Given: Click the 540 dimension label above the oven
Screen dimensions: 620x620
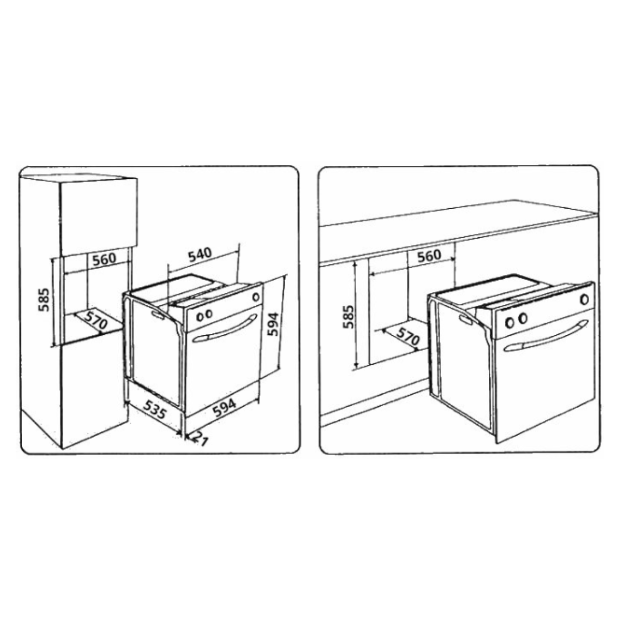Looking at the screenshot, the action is point(200,255).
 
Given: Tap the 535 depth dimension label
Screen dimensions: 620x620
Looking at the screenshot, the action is point(155,409).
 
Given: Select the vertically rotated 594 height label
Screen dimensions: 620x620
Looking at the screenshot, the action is point(273,324).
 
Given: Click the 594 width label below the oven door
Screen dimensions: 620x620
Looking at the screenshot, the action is point(224,407).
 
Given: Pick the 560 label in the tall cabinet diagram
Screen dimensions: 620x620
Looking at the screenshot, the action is point(104,259).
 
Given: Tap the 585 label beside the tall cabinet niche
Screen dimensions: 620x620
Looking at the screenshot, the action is point(44,299).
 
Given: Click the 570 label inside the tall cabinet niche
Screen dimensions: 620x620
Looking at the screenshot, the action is point(95,320).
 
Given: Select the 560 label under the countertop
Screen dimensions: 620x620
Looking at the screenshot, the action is point(429,256).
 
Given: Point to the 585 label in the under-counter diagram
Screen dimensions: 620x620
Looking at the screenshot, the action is point(348,317).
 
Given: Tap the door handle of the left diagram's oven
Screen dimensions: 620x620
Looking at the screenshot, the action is point(224,329).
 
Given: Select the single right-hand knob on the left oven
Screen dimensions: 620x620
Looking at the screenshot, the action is point(256,297).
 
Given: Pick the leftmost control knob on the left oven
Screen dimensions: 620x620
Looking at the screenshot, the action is point(200,317).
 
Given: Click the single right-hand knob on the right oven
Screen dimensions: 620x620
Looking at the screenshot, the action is point(584,300).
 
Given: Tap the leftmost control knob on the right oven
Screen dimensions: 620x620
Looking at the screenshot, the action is point(509,322).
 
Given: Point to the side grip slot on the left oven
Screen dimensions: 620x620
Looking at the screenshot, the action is point(158,315).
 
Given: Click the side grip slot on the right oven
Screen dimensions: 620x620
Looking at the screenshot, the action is point(466,319).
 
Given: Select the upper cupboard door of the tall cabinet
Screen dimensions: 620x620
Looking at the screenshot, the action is point(99,217).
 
